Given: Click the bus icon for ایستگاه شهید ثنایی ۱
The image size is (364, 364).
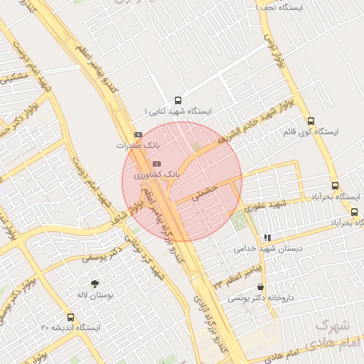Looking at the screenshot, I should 177,100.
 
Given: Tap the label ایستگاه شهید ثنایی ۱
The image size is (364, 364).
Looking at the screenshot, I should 178,112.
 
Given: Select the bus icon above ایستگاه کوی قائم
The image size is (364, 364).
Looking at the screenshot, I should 311,121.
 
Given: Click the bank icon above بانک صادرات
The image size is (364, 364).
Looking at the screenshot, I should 138,134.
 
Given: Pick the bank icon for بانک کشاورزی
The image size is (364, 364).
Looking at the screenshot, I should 157,163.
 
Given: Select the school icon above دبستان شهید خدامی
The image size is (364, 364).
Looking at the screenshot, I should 267,237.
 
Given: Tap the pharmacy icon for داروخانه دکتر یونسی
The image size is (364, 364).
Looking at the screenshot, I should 260,287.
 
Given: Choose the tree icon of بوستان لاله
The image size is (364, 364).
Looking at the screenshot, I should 95,284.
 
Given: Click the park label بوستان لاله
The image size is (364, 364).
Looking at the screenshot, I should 95,294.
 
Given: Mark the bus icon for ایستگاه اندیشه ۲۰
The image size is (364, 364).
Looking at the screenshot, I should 70,317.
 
